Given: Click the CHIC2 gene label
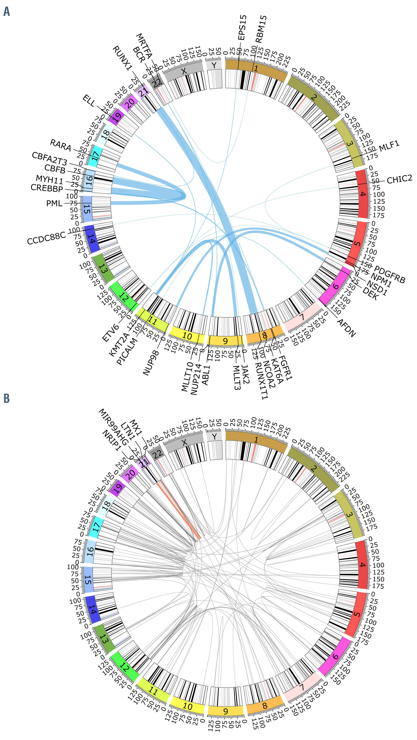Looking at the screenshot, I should pyautogui.click(x=399, y=180).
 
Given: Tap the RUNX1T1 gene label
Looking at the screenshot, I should pyautogui.click(x=261, y=381).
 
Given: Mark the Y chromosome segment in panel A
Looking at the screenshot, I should pyautogui.click(x=214, y=65).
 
